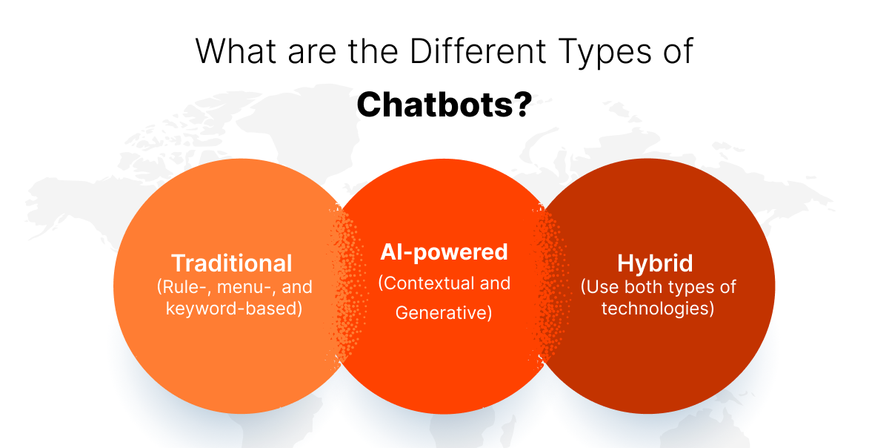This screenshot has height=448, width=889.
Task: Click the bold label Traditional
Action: tap(232, 263)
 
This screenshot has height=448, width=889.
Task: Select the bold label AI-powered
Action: tap(444, 252)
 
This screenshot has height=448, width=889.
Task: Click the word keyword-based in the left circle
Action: tap(233, 308)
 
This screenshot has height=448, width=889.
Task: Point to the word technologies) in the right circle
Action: tap(657, 308)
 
